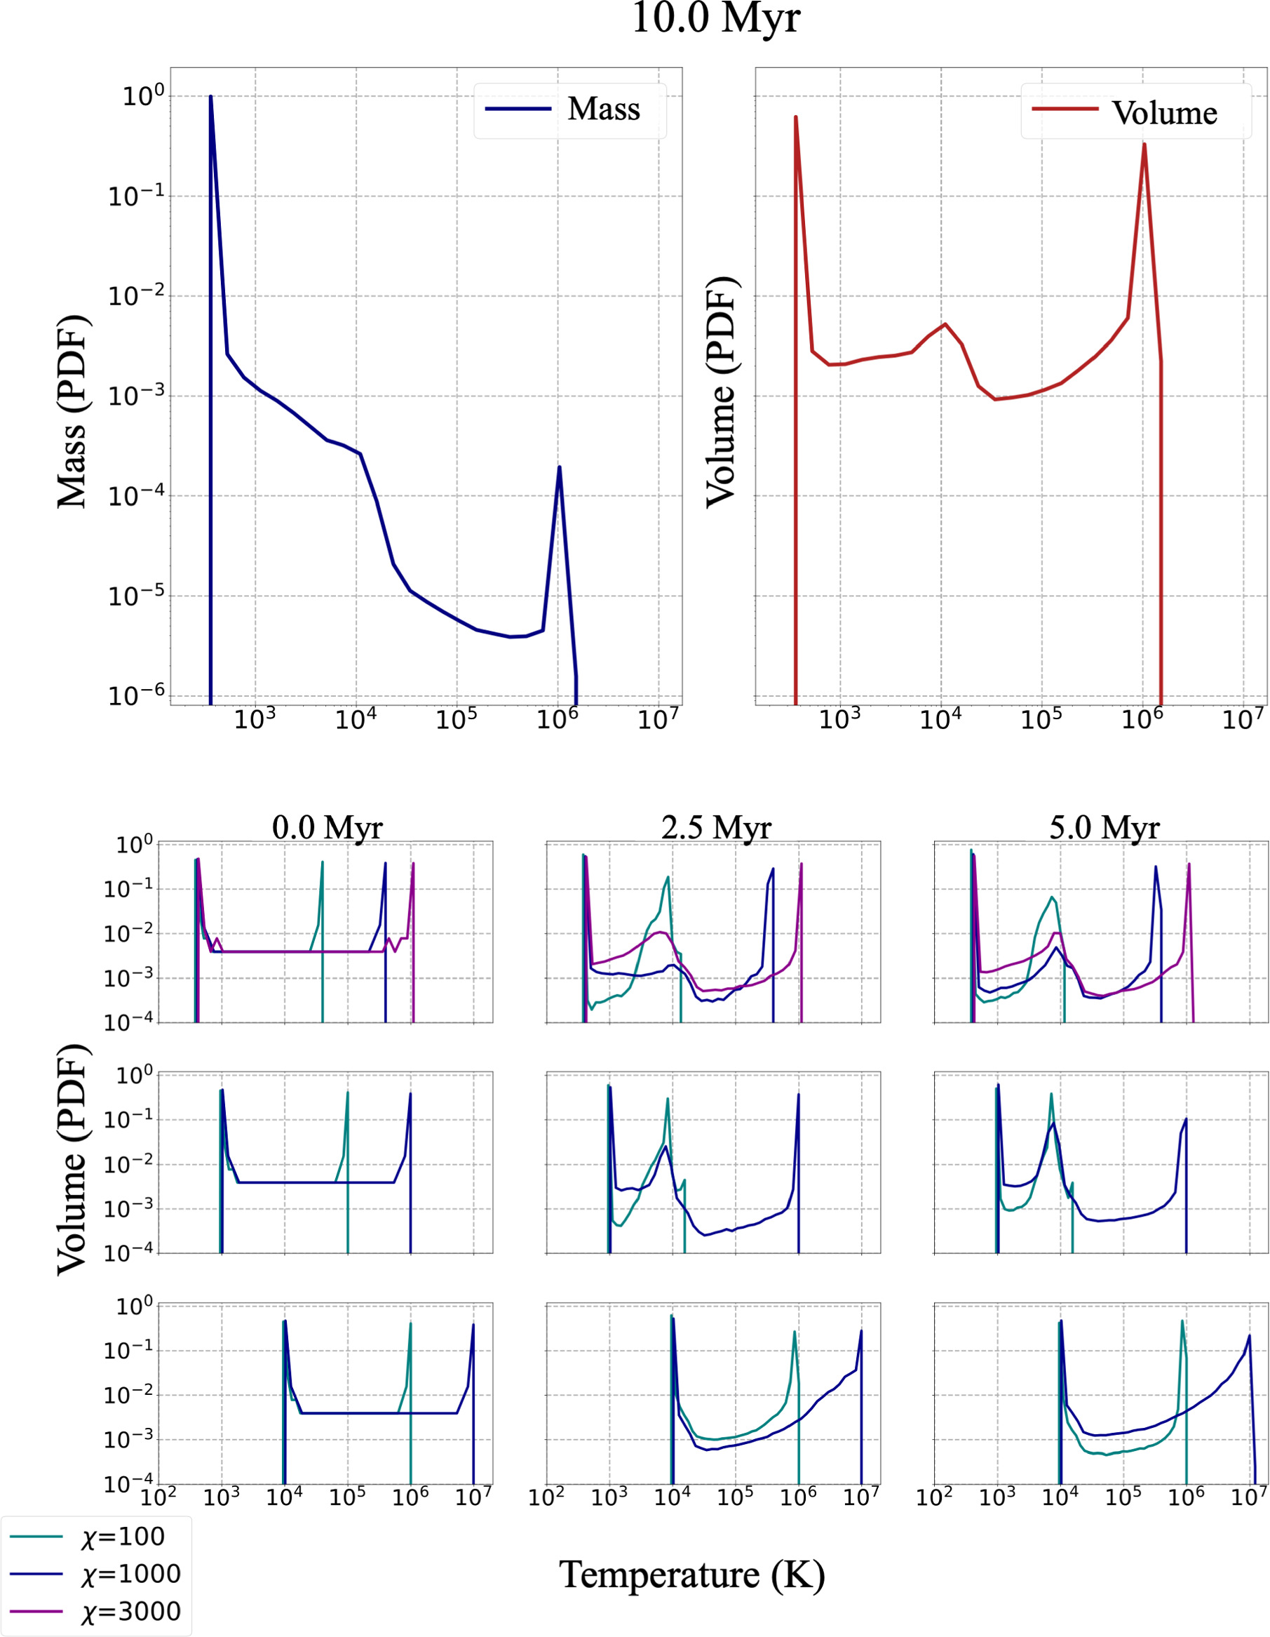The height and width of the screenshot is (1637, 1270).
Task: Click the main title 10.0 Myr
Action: [x=715, y=19]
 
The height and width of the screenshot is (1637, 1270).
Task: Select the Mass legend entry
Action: [x=569, y=109]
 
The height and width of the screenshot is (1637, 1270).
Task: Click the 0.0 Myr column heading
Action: [x=327, y=827]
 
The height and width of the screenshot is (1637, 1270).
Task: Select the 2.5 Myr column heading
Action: [x=715, y=827]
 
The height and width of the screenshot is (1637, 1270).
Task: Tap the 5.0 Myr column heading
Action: [x=1104, y=827]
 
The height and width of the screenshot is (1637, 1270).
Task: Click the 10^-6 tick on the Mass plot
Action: [x=135, y=695]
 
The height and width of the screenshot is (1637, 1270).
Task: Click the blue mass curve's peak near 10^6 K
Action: [x=559, y=468]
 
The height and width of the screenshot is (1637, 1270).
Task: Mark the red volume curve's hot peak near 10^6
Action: [x=1144, y=145]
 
